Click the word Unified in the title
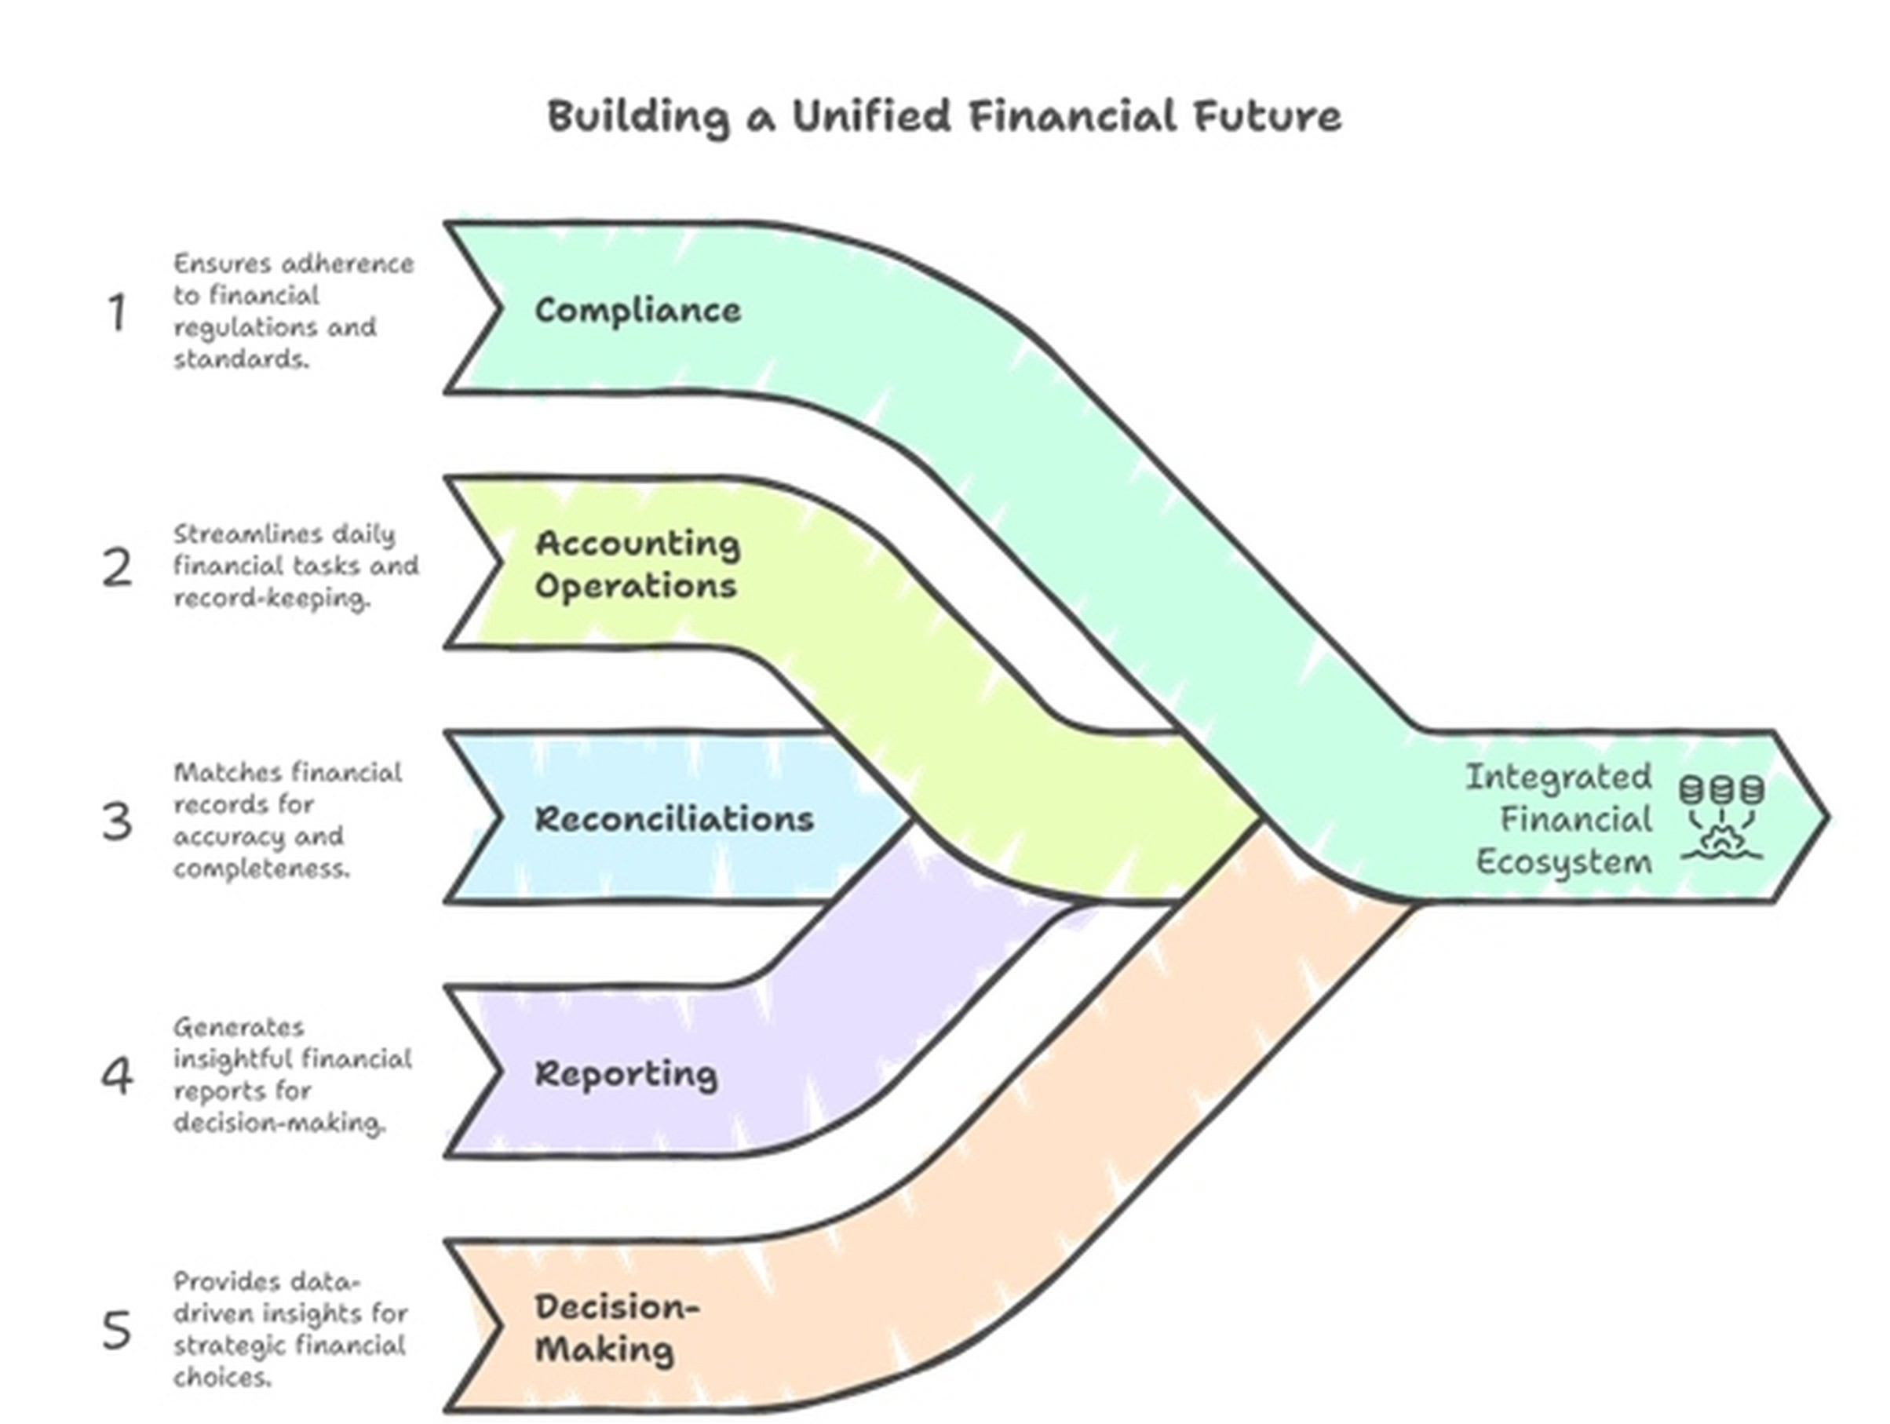(x=870, y=116)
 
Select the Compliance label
(x=637, y=310)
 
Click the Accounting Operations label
(x=637, y=565)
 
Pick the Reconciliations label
(x=674, y=819)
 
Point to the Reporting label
(x=626, y=1074)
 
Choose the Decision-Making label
(x=616, y=1328)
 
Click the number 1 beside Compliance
(x=117, y=312)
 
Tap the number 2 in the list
(x=117, y=567)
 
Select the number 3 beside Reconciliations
(x=117, y=821)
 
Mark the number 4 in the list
(x=117, y=1076)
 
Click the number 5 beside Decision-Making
(x=117, y=1330)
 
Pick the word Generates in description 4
(x=226, y=1027)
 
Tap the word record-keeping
(x=272, y=598)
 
